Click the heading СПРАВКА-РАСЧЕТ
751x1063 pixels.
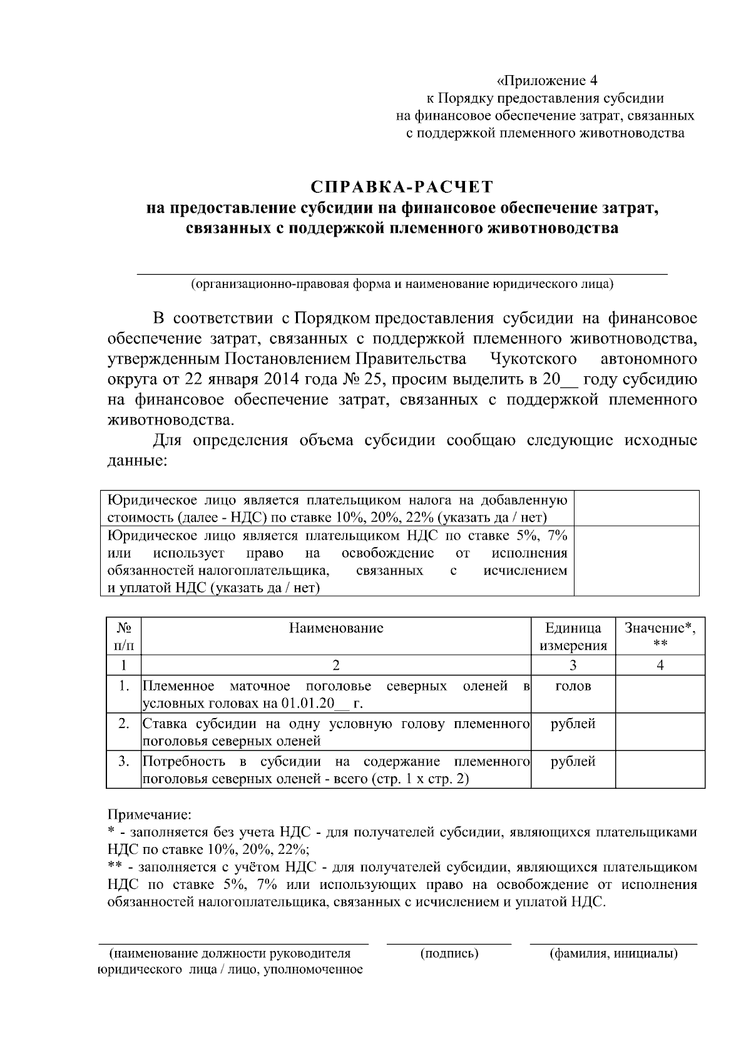point(402,187)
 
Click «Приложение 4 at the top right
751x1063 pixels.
point(547,81)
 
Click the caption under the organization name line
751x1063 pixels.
point(402,284)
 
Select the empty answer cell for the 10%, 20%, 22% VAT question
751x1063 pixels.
point(636,508)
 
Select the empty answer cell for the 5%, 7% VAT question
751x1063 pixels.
point(636,561)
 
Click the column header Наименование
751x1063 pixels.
point(336,628)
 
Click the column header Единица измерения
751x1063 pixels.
point(573,637)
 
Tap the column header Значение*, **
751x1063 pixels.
point(660,637)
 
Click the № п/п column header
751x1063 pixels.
point(124,637)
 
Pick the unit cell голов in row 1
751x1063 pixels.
point(573,687)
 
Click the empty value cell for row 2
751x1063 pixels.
point(660,732)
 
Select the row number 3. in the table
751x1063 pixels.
point(124,762)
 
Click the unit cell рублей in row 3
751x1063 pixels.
point(573,762)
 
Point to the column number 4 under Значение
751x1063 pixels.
point(660,665)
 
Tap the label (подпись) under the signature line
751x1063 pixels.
point(449,953)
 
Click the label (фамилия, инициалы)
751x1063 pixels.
point(613,953)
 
